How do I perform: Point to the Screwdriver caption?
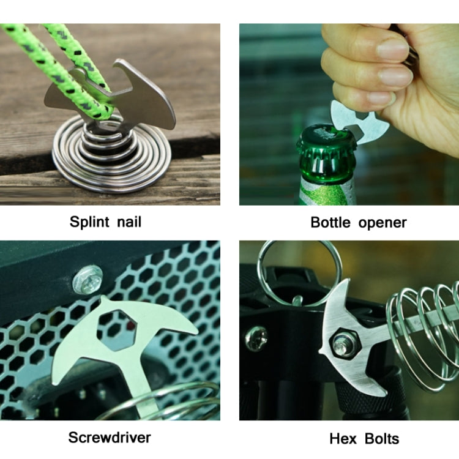(110, 437)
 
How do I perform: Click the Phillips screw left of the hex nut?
(256, 337)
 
